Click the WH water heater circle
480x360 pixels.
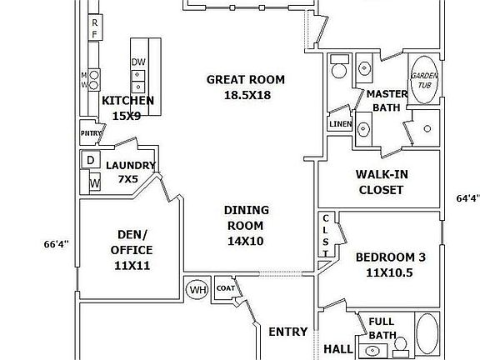pos(197,289)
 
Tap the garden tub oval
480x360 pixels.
pos(424,80)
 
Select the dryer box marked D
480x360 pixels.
pos(90,159)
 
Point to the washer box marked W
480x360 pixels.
pos(95,182)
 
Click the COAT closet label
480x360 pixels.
pos(226,288)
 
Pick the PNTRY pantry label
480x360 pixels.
pos(91,133)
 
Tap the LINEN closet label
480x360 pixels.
pos(340,124)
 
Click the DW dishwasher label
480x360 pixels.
pos(138,62)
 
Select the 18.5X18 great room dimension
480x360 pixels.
pos(247,95)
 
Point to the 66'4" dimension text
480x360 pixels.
pos(57,244)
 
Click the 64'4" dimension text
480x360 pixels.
pos(467,198)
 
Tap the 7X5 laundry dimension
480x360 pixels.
pos(128,179)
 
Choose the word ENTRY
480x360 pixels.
pos(288,332)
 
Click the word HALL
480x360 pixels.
pos(338,349)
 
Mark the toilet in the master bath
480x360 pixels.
pos(339,67)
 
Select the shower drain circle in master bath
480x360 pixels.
pos(427,128)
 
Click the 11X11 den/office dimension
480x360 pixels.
pos(132,265)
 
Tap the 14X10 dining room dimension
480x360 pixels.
pos(246,241)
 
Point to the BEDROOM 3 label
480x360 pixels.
pos(391,257)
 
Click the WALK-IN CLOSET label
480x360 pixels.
pos(382,182)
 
